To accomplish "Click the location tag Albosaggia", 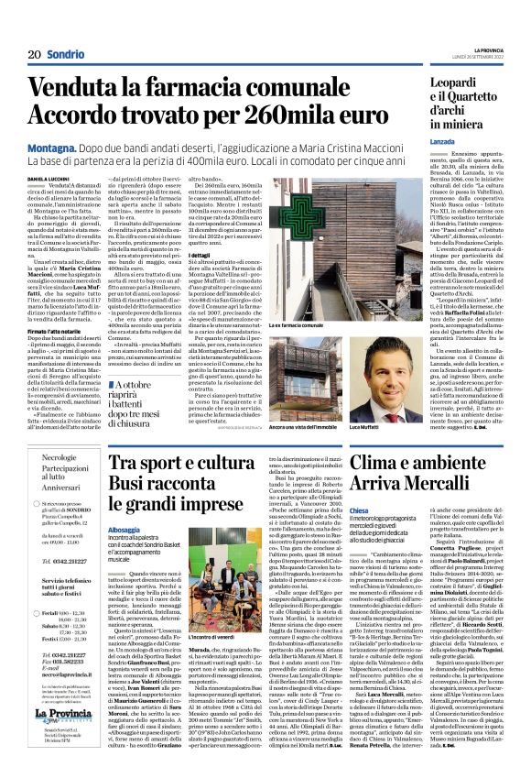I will tap(125, 530).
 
